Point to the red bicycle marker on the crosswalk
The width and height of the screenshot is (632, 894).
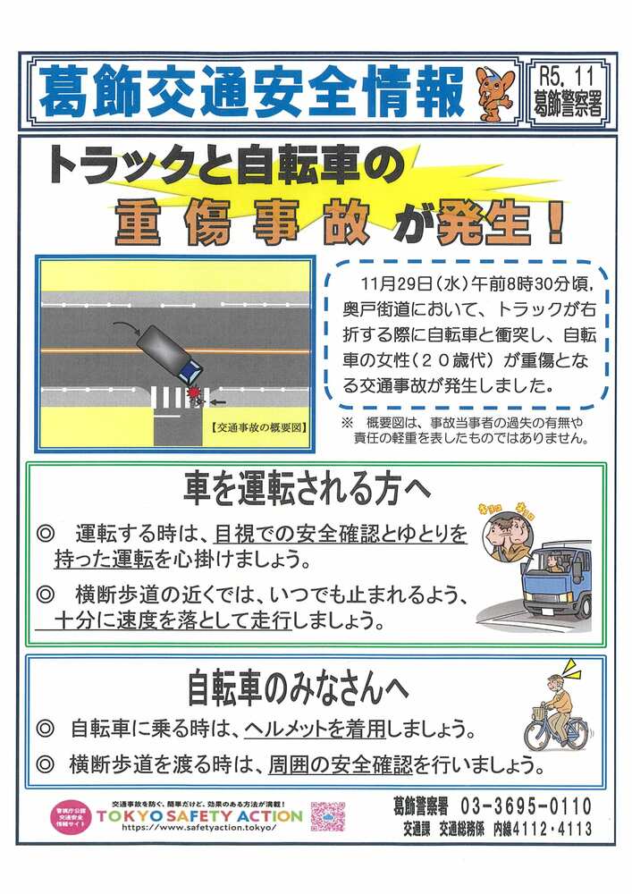click(x=192, y=393)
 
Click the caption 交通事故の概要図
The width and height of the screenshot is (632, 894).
click(x=259, y=427)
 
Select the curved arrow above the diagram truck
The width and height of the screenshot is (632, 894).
click(x=124, y=327)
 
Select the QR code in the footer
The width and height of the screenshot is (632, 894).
click(x=328, y=816)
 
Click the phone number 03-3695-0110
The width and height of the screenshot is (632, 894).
click(x=525, y=806)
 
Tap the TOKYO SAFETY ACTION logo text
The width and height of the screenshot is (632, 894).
click(x=199, y=815)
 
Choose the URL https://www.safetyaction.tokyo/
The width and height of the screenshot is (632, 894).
click(x=198, y=829)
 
